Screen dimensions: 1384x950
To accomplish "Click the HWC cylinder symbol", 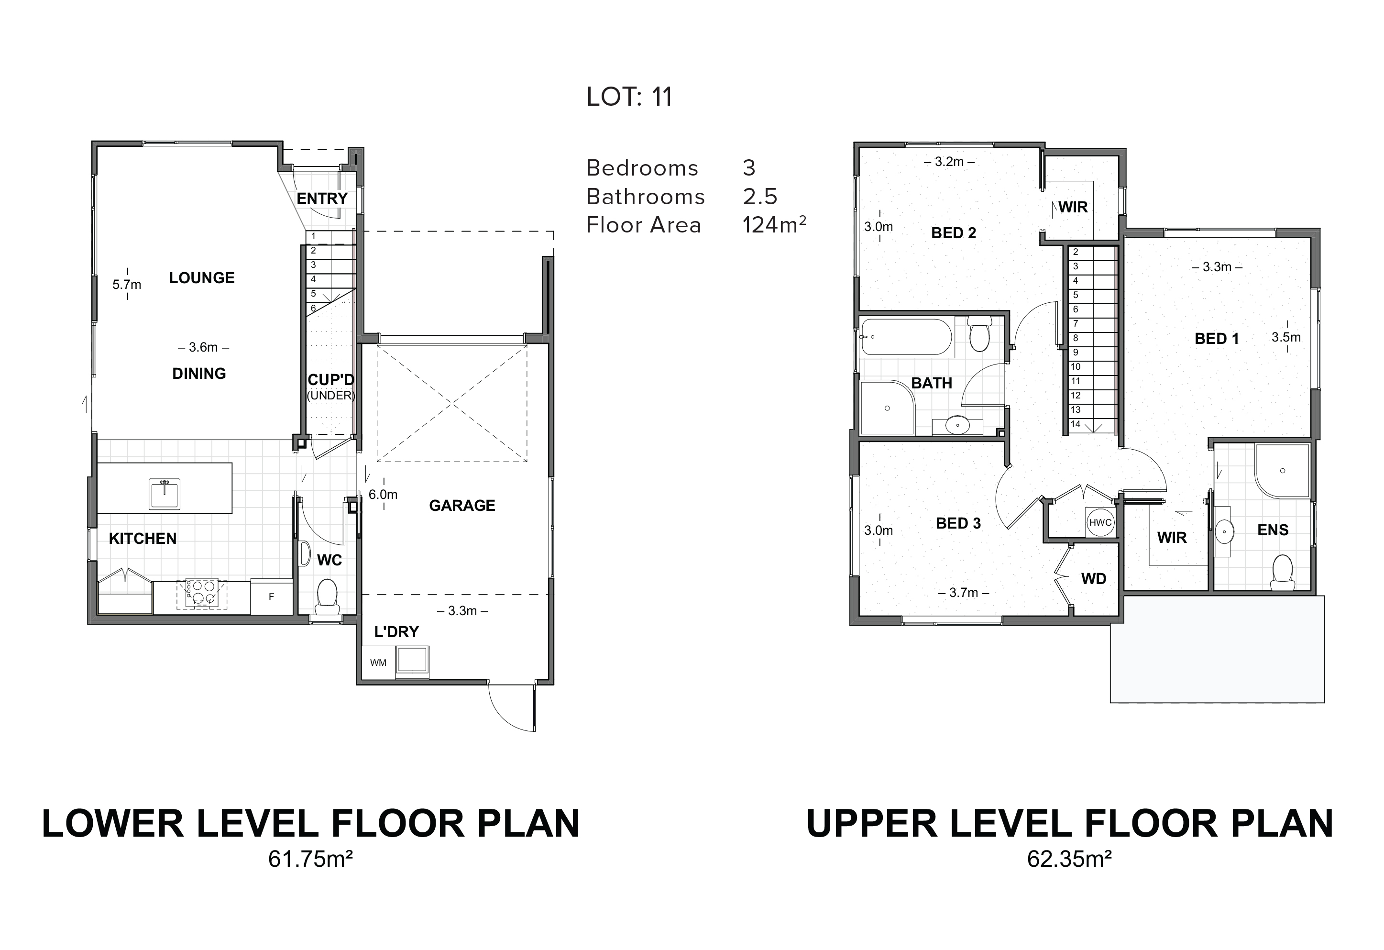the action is click(x=1100, y=522).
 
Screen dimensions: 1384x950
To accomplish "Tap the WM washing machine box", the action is click(x=378, y=663).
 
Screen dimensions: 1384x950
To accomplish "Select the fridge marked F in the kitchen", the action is click(x=272, y=596).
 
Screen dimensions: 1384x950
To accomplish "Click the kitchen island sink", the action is click(x=165, y=494).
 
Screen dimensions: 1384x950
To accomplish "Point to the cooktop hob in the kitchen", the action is click(x=201, y=593).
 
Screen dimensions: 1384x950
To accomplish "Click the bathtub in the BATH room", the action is click(x=906, y=338).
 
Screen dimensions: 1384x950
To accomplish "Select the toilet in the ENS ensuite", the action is click(x=1282, y=573).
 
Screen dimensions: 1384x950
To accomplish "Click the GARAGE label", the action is click(x=462, y=506).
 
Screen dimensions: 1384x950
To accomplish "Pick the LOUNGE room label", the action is click(x=202, y=277).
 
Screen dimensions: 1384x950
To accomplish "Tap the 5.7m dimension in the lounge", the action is click(x=127, y=285).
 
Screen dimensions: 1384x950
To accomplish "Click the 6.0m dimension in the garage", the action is click(x=383, y=494).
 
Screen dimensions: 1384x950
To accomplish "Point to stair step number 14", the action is click(x=1076, y=425).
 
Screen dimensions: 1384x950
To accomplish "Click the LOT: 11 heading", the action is click(x=629, y=97).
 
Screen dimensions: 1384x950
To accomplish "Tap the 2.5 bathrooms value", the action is click(x=760, y=197).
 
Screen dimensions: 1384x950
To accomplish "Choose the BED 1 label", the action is click(x=1217, y=338).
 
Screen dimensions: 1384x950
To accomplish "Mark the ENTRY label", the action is click(x=322, y=199).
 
